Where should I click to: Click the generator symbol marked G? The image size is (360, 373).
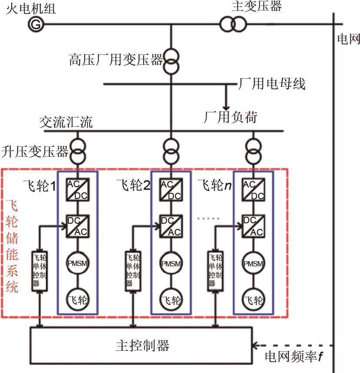coord(36,25)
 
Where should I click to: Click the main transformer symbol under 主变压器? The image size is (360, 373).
coord(232,24)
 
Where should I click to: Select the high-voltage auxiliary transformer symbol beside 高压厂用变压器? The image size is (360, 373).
coord(171,61)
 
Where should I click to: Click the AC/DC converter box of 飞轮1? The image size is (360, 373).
coord(78,190)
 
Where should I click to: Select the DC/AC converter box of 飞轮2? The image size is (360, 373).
coord(171,226)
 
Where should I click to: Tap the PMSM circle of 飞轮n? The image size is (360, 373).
coord(253,264)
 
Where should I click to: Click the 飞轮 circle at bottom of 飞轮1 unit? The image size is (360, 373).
coord(78,300)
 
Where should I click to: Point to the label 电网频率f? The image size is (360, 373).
coord(294,357)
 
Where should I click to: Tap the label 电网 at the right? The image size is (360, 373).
coord(349,39)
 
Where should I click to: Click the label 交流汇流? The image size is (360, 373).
coord(66,122)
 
